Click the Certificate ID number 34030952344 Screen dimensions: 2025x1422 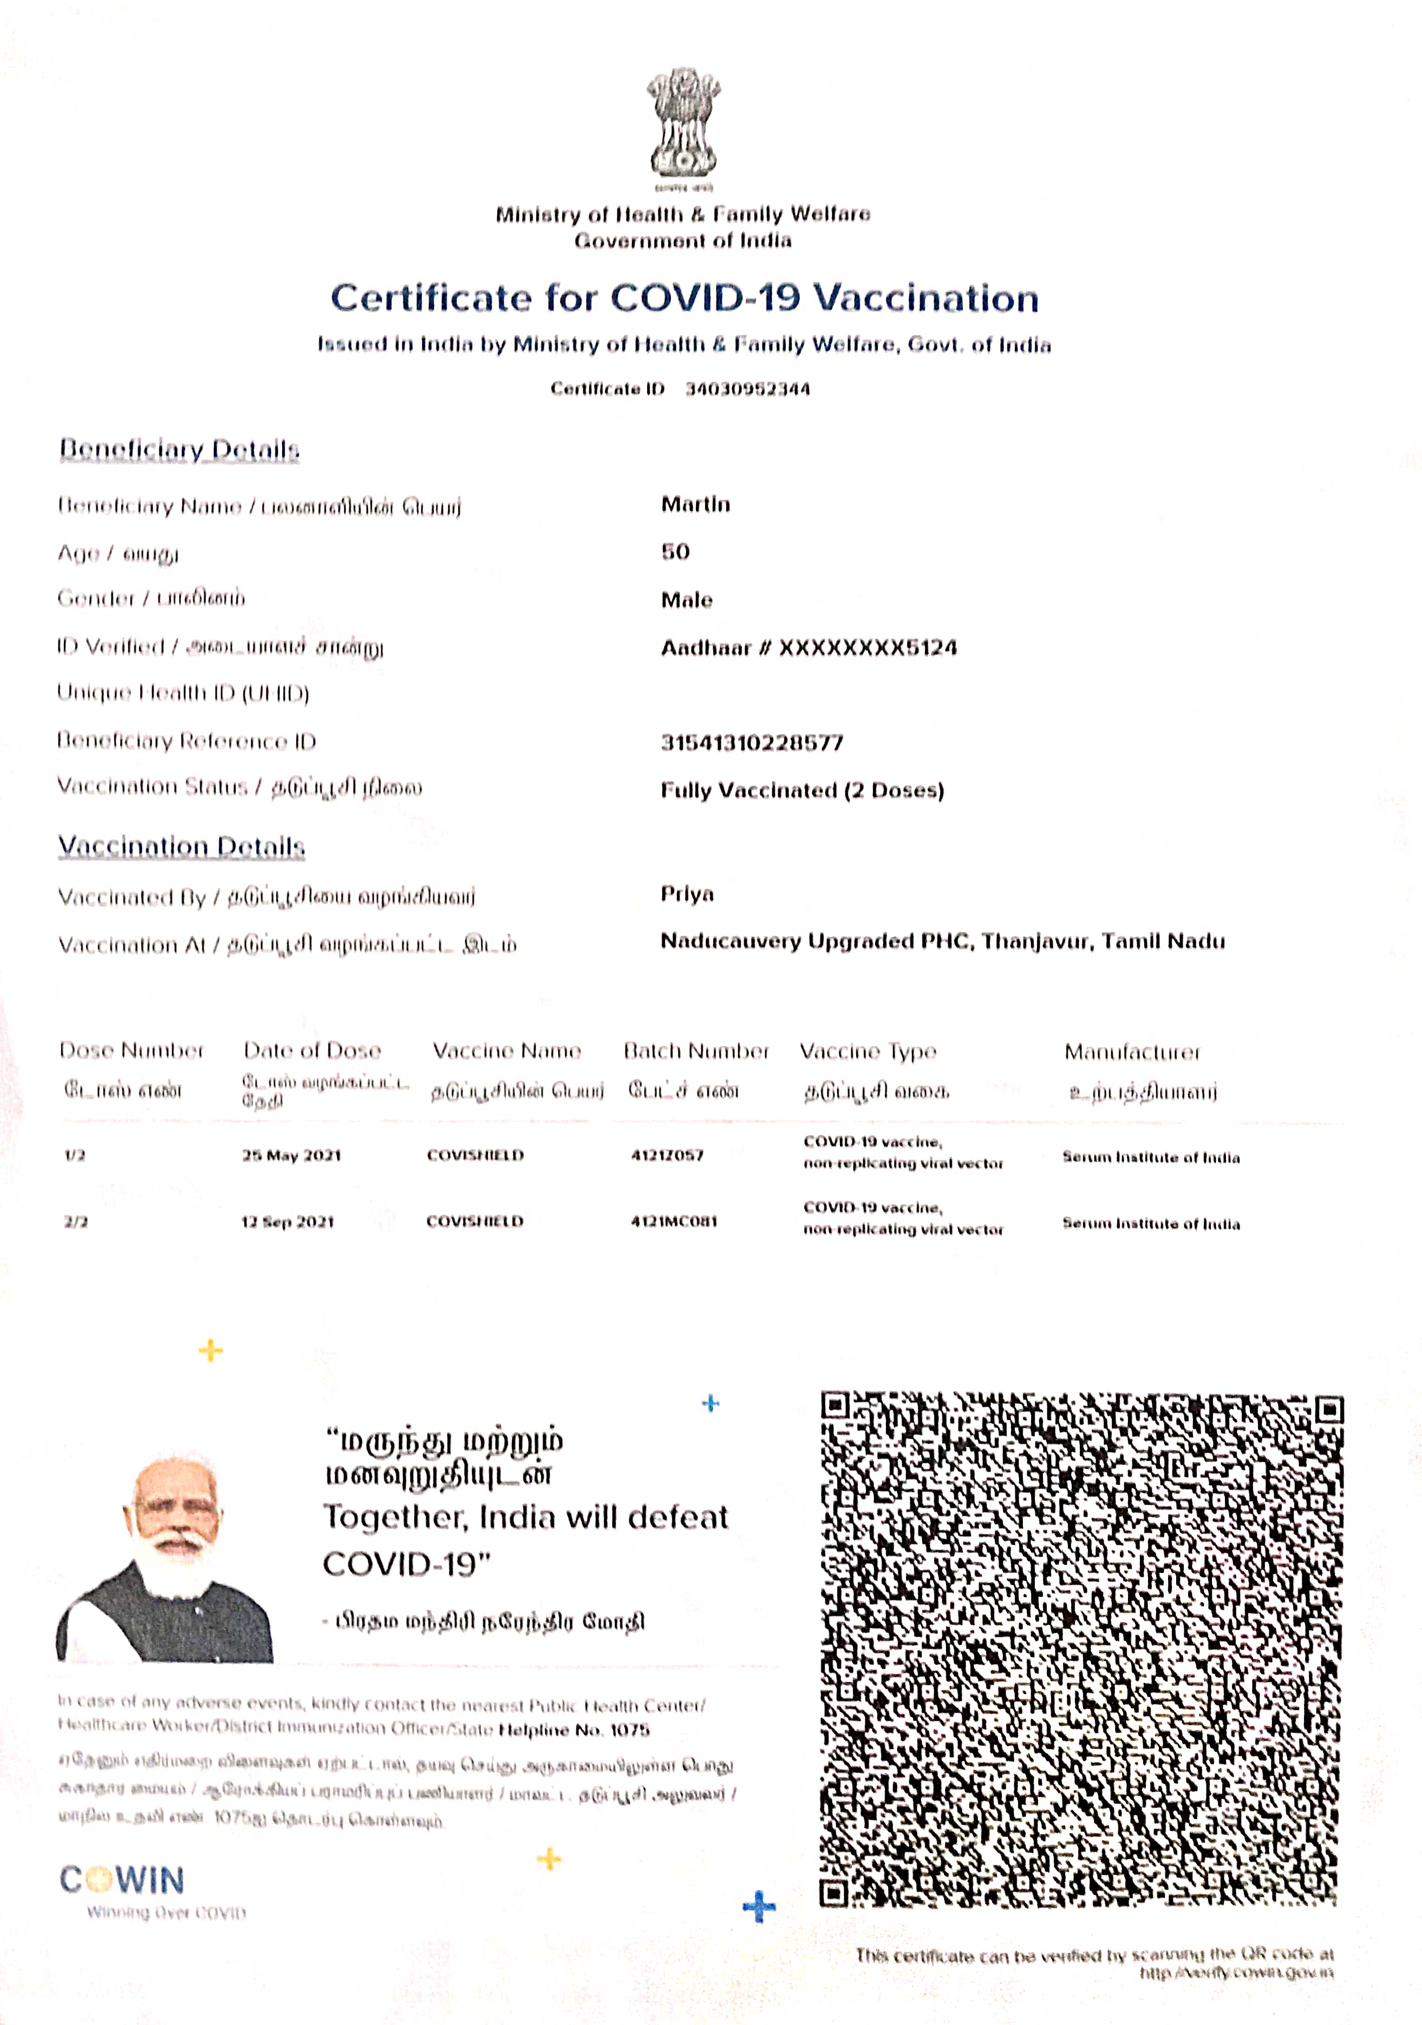click(747, 389)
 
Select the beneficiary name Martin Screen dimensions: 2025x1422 click(695, 505)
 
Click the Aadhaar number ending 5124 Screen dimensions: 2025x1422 click(809, 648)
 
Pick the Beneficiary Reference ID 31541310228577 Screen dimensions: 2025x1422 click(752, 743)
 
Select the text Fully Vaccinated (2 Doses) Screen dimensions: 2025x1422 click(802, 791)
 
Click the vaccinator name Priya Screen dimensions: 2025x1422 click(687, 894)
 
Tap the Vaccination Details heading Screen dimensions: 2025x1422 click(182, 847)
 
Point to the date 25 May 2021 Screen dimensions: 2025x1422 click(291, 1155)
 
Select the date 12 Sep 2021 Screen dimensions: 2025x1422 click(288, 1221)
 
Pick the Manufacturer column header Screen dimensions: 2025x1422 click(1132, 1052)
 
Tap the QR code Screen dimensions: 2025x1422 click(1081, 1649)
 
